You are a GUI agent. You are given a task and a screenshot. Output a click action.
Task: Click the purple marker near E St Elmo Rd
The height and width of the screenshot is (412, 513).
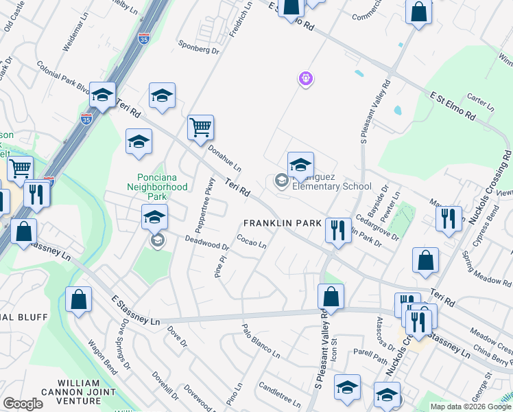[x=306, y=80]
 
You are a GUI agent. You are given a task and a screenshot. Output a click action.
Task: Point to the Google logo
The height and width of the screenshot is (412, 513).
[x=23, y=404]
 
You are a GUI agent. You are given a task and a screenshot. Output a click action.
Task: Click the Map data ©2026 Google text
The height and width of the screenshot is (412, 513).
[x=470, y=407]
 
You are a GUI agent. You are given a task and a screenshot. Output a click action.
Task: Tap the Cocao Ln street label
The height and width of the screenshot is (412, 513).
[x=251, y=242]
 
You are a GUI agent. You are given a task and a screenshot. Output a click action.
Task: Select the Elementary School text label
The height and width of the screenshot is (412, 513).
[x=331, y=186]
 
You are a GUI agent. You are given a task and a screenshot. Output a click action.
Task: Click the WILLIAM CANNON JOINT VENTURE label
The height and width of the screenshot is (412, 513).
[x=88, y=391]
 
